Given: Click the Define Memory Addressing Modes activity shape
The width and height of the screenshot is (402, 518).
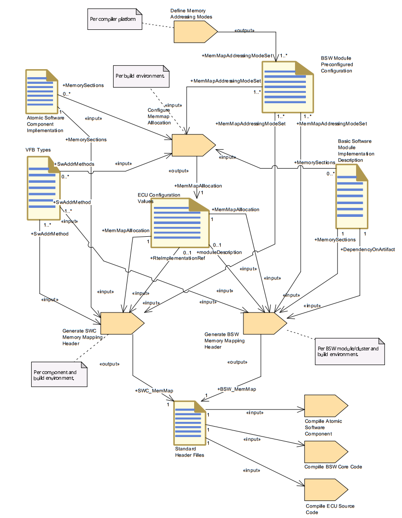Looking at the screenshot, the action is point(196,32).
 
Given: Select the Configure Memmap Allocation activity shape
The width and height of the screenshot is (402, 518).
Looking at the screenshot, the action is point(194,145).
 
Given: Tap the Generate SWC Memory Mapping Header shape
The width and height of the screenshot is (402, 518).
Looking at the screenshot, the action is point(122,323).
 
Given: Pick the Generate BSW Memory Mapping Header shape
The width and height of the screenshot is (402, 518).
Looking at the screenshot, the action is point(265,323).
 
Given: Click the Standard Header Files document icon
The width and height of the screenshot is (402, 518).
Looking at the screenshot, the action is point(189,423).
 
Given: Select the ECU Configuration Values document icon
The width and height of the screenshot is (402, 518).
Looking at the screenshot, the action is point(180,223).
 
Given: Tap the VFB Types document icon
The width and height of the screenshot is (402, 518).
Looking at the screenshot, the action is point(44,188).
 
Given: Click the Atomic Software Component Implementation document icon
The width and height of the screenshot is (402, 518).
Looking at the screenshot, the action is point(42,91).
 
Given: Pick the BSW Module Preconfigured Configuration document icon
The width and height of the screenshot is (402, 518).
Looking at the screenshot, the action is point(288,87).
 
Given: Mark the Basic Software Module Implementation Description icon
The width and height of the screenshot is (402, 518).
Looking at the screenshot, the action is point(352,196).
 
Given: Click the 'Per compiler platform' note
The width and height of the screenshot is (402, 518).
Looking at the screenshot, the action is point(115,19).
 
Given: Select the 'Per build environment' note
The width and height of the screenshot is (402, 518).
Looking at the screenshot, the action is point(141,76).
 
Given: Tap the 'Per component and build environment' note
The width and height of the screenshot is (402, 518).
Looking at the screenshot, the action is point(60,374).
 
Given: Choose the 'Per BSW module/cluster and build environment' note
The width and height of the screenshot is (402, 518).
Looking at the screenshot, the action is point(350,351).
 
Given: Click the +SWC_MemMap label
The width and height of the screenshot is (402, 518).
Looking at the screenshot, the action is point(154,391).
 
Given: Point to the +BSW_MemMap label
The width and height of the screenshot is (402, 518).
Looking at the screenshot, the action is point(236,389).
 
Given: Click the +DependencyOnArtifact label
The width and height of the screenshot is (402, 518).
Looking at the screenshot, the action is point(367,250).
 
